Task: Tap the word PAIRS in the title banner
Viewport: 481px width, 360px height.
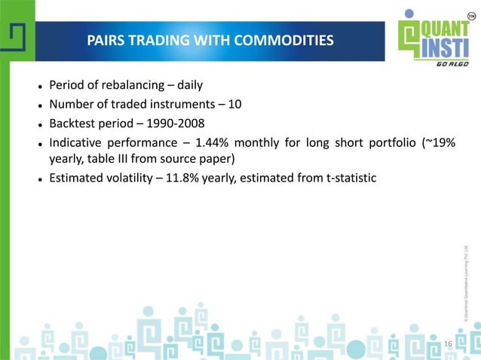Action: [x=106, y=40]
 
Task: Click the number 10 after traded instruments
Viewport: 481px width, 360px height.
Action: [x=234, y=104]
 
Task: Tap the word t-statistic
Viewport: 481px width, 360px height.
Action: [x=351, y=178]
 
